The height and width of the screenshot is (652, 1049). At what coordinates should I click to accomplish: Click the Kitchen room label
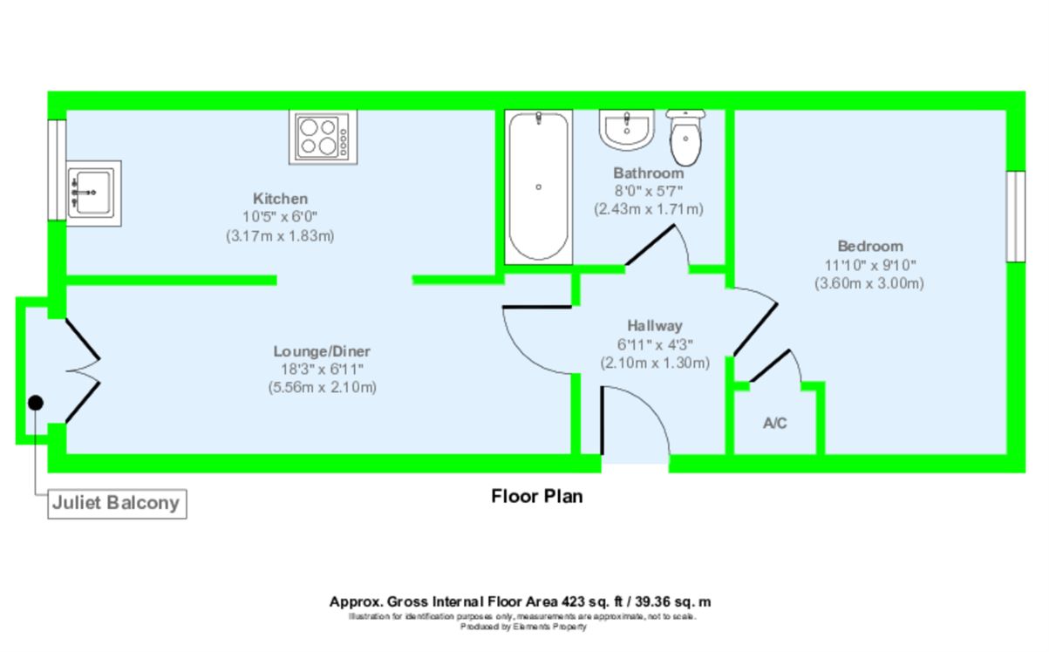coord(280,199)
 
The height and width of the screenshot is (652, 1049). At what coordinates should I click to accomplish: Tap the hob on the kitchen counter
coord(324,137)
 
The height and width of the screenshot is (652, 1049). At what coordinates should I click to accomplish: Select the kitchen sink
coord(93,194)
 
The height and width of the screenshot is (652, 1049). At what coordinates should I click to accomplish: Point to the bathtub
coord(539,187)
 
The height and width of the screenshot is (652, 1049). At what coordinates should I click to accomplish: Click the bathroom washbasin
coord(627,130)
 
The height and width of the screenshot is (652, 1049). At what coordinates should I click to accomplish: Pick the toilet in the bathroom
coord(685,138)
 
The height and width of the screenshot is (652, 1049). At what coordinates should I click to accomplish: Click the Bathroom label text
coord(649,173)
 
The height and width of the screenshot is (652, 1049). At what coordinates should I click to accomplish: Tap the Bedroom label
coord(870,246)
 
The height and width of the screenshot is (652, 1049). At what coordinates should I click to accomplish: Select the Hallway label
coord(655,325)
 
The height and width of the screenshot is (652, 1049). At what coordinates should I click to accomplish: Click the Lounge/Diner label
coord(322,351)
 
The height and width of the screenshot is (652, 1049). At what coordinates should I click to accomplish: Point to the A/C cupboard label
coord(775,423)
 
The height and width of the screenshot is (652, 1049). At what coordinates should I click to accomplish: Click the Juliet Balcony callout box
coord(117,504)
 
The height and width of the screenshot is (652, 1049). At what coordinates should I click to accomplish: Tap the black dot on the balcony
coord(36,403)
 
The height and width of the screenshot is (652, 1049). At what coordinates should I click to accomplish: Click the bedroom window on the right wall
coord(1016,216)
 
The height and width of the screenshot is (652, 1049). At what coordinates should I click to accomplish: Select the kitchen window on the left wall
coord(58,170)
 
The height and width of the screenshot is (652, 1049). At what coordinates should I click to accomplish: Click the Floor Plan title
coord(536,496)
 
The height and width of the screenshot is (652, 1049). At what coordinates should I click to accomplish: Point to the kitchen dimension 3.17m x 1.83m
coord(280,235)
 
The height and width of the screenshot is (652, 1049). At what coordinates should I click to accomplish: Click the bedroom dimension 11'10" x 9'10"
coord(869,265)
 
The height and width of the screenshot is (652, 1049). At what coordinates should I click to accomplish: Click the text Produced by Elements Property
coord(523,627)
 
